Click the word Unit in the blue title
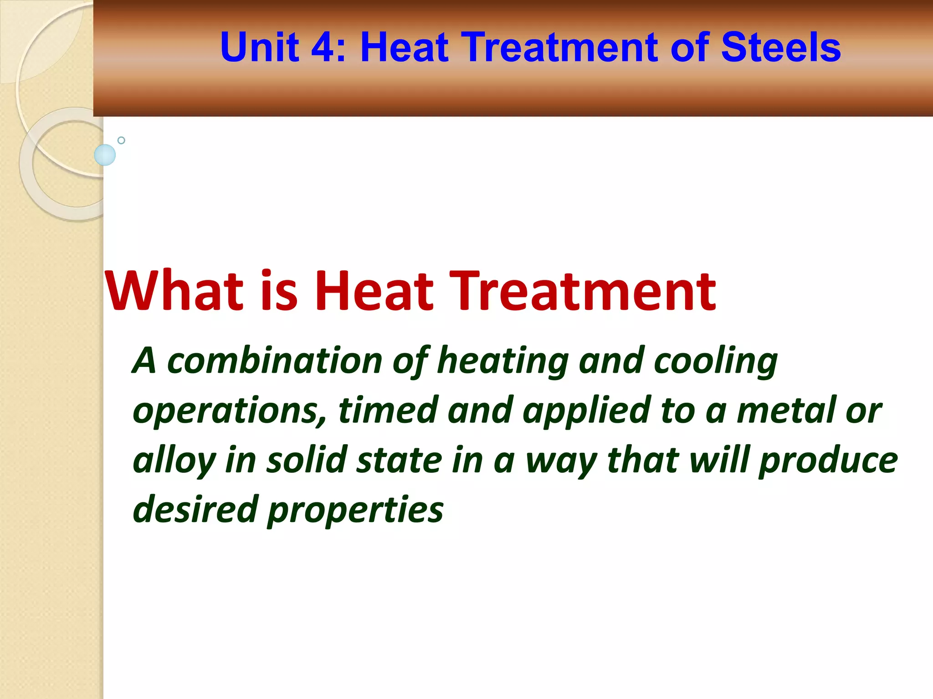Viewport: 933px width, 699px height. (260, 47)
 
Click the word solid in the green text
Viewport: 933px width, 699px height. (308, 460)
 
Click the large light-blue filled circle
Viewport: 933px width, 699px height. (105, 155)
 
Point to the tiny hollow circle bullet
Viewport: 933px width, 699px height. (121, 140)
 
